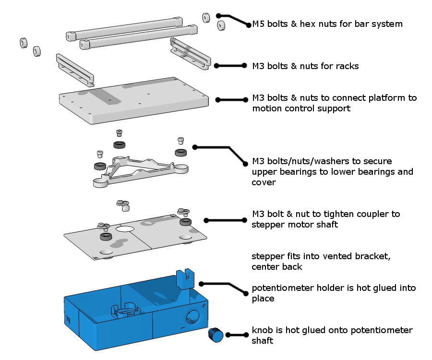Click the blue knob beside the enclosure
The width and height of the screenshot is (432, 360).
click(x=215, y=335)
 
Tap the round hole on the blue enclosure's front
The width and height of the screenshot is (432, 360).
click(x=192, y=316)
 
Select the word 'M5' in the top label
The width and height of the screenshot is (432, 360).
click(x=258, y=24)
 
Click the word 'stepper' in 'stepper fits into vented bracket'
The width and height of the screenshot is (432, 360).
click(x=266, y=256)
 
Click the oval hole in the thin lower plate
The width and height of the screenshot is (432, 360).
click(x=125, y=229)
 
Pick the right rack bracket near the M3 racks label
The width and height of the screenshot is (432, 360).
click(x=191, y=54)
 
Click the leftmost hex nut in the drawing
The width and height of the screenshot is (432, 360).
click(x=23, y=43)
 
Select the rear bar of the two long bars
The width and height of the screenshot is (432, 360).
click(x=124, y=29)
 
